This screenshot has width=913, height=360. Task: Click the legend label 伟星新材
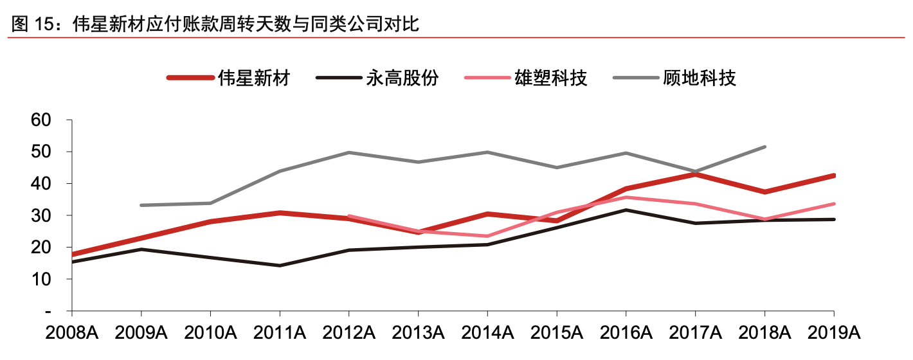point(254,78)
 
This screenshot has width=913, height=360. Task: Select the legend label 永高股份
point(402,78)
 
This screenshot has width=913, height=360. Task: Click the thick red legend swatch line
point(190,78)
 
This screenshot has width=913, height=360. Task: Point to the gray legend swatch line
point(636,78)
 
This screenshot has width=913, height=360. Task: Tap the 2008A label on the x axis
point(72,333)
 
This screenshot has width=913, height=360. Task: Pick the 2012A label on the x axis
point(348,333)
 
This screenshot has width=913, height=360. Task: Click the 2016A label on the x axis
point(626,333)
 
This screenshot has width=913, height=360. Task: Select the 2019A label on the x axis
point(833,333)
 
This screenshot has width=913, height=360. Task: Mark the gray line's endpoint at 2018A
point(764,147)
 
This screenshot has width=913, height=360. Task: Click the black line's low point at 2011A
point(280,265)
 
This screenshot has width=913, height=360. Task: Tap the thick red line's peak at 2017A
point(695,174)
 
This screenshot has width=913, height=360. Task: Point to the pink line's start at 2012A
point(348,216)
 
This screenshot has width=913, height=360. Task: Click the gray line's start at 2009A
point(141,205)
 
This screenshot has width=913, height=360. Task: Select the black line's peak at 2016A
point(626,210)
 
